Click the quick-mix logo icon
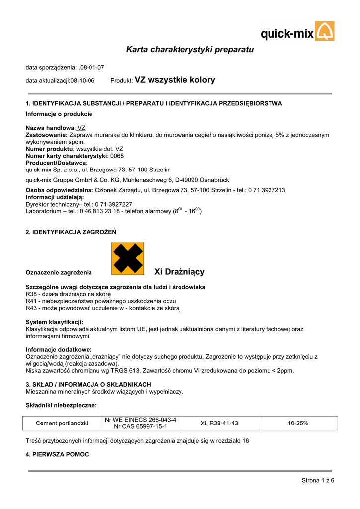[x=325, y=31]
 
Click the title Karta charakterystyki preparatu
[x=190, y=50]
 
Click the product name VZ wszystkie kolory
[x=175, y=80]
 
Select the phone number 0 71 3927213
[x=267, y=190]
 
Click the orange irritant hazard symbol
[x=128, y=258]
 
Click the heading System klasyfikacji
[x=54, y=322]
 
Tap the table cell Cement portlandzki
[x=62, y=423]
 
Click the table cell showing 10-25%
[x=298, y=423]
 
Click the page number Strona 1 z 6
[x=318, y=480]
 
